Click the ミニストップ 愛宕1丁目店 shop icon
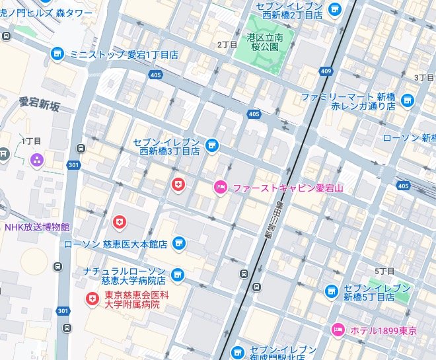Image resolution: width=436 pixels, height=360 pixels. [57, 54]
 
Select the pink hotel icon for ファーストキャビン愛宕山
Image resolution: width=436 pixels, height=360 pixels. [221, 188]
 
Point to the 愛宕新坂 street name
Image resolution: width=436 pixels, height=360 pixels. [39, 105]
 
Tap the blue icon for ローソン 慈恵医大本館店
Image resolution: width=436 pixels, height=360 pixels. [178, 244]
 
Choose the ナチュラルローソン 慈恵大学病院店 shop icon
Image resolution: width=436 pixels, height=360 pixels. [178, 275]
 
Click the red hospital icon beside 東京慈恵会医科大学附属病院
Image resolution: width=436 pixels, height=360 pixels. [91, 299]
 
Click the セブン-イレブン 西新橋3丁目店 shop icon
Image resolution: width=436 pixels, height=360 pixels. [211, 145]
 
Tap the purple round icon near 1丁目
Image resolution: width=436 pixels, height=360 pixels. [36, 159]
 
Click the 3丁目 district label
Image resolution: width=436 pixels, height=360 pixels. [423, 77]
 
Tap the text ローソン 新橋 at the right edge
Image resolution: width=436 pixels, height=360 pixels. [410, 137]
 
